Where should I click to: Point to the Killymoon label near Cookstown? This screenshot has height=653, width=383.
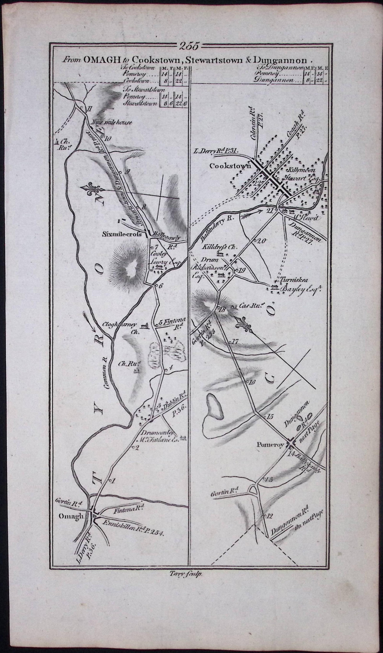(x=301, y=170)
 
